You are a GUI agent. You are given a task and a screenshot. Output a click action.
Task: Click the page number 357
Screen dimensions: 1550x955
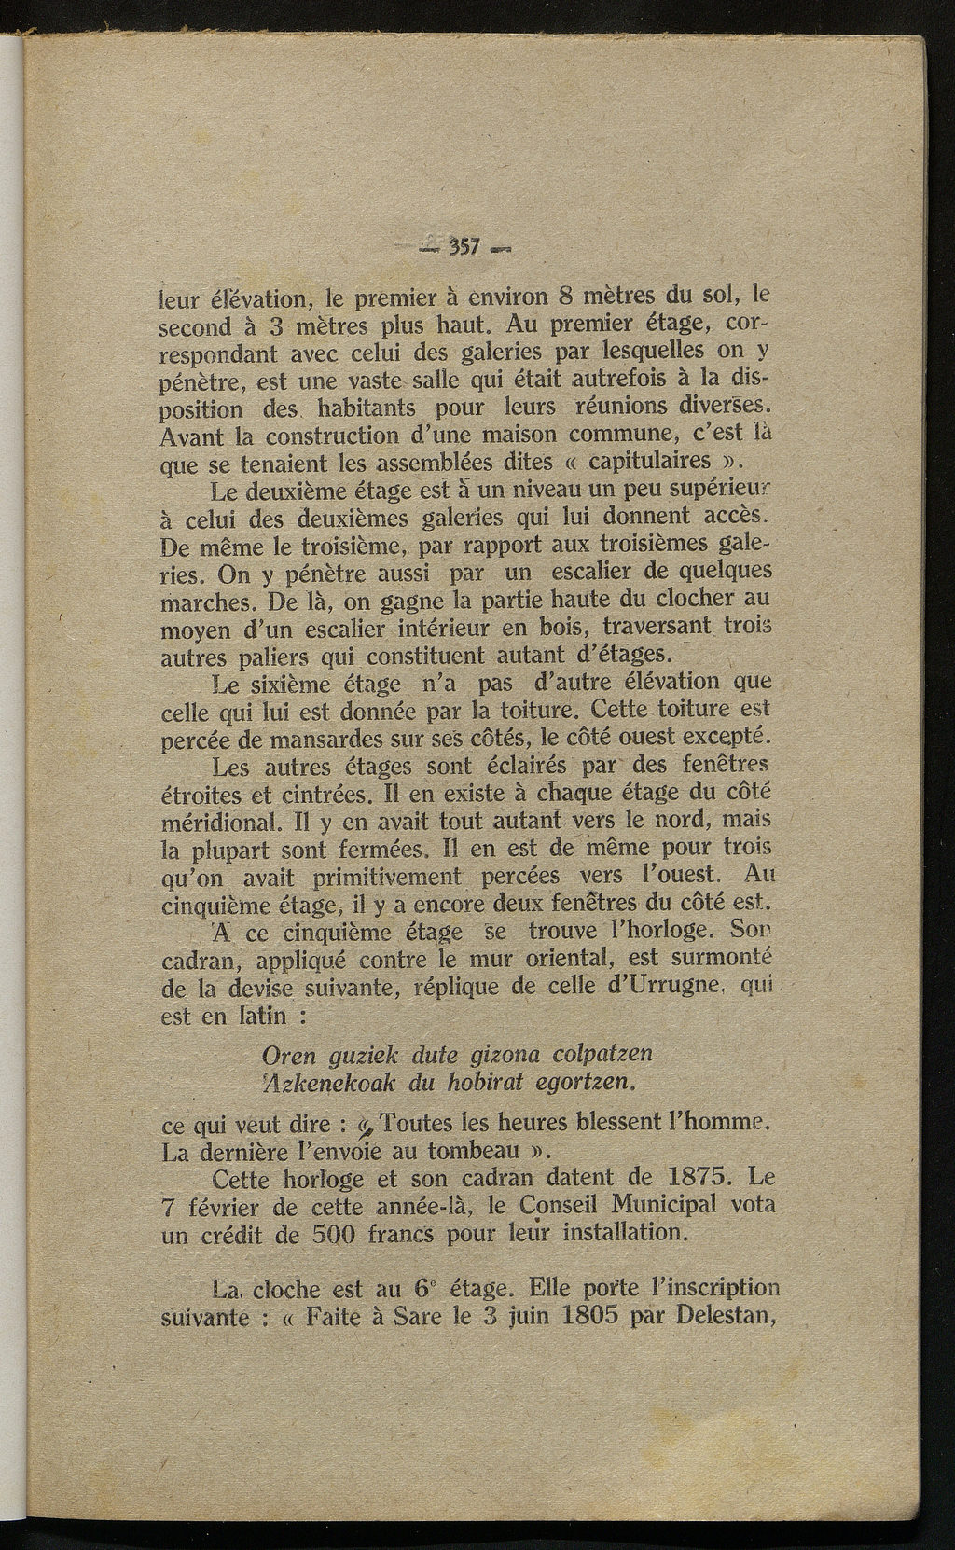point(464,247)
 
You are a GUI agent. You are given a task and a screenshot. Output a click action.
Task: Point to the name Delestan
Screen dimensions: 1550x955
point(720,1319)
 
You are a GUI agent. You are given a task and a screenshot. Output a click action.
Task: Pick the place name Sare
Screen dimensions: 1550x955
point(424,1319)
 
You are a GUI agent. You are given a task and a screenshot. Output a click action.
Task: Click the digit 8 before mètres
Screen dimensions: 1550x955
point(562,299)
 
